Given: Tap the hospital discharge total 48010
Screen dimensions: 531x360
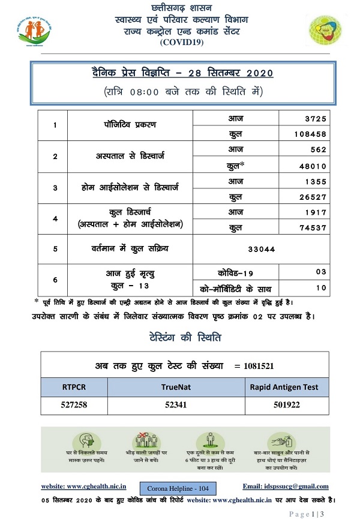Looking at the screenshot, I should click(311, 164).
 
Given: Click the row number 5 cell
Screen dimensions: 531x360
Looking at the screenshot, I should click(55, 247).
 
